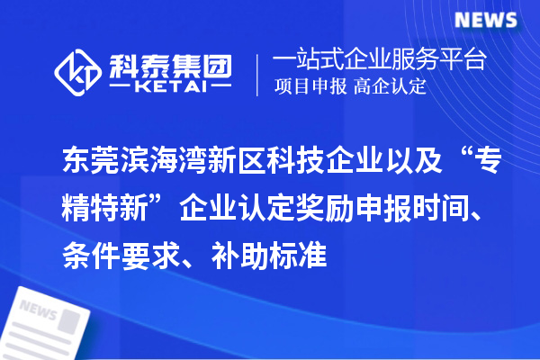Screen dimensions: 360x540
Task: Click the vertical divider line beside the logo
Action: click(259, 75)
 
